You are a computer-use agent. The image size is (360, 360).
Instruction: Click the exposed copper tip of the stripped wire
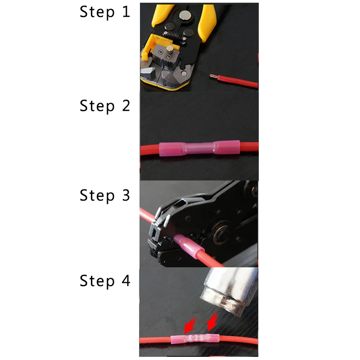pyautogui.click(x=212, y=76)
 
